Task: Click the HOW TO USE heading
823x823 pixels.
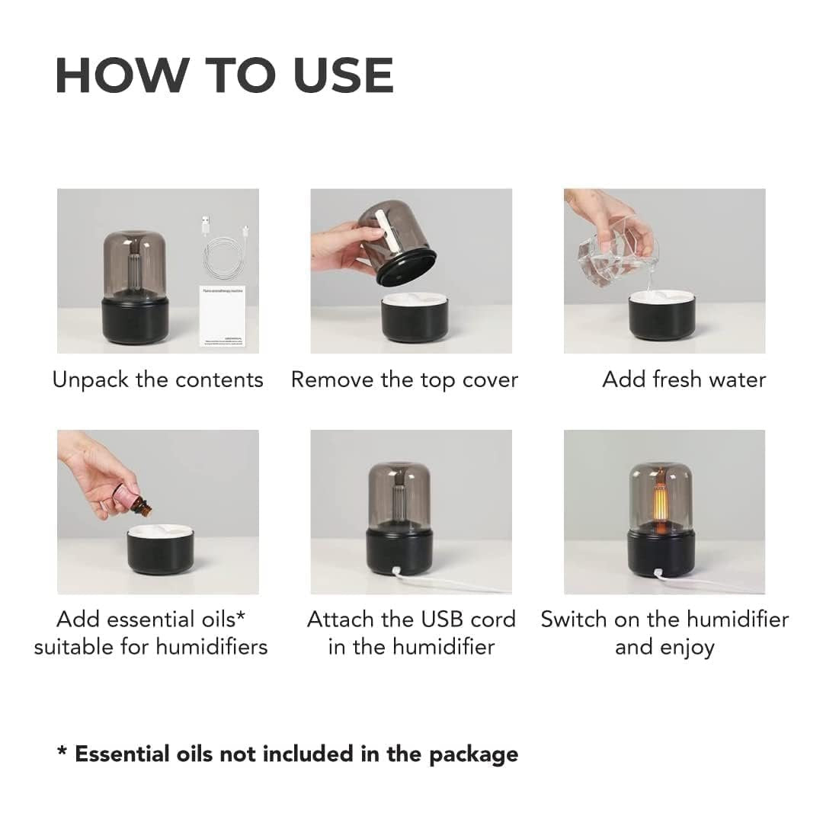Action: [224, 75]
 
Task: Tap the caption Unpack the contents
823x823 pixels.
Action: [158, 379]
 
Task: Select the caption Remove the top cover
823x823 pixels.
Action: [405, 379]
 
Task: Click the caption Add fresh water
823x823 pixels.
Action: [684, 379]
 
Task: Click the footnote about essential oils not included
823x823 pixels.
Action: [288, 754]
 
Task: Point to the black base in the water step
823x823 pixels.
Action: [661, 318]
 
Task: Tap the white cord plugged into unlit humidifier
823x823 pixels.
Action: [457, 583]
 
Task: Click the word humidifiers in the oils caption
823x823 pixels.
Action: [212, 648]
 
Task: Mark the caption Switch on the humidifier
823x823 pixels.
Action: [664, 620]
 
